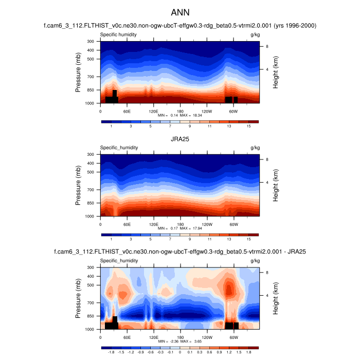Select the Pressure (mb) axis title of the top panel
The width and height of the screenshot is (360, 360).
[78, 72]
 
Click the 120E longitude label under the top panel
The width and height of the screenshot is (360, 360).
[153, 111]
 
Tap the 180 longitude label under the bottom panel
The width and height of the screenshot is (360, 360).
[180, 337]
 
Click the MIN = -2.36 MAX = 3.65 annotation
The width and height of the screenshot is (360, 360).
[180, 341]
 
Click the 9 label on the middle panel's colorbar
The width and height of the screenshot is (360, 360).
[190, 240]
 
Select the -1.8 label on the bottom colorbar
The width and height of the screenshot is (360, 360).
[111, 353]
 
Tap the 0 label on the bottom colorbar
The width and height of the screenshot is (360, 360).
[180, 353]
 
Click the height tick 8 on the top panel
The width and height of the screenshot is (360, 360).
[267, 46]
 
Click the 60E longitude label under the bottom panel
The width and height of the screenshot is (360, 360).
[127, 337]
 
